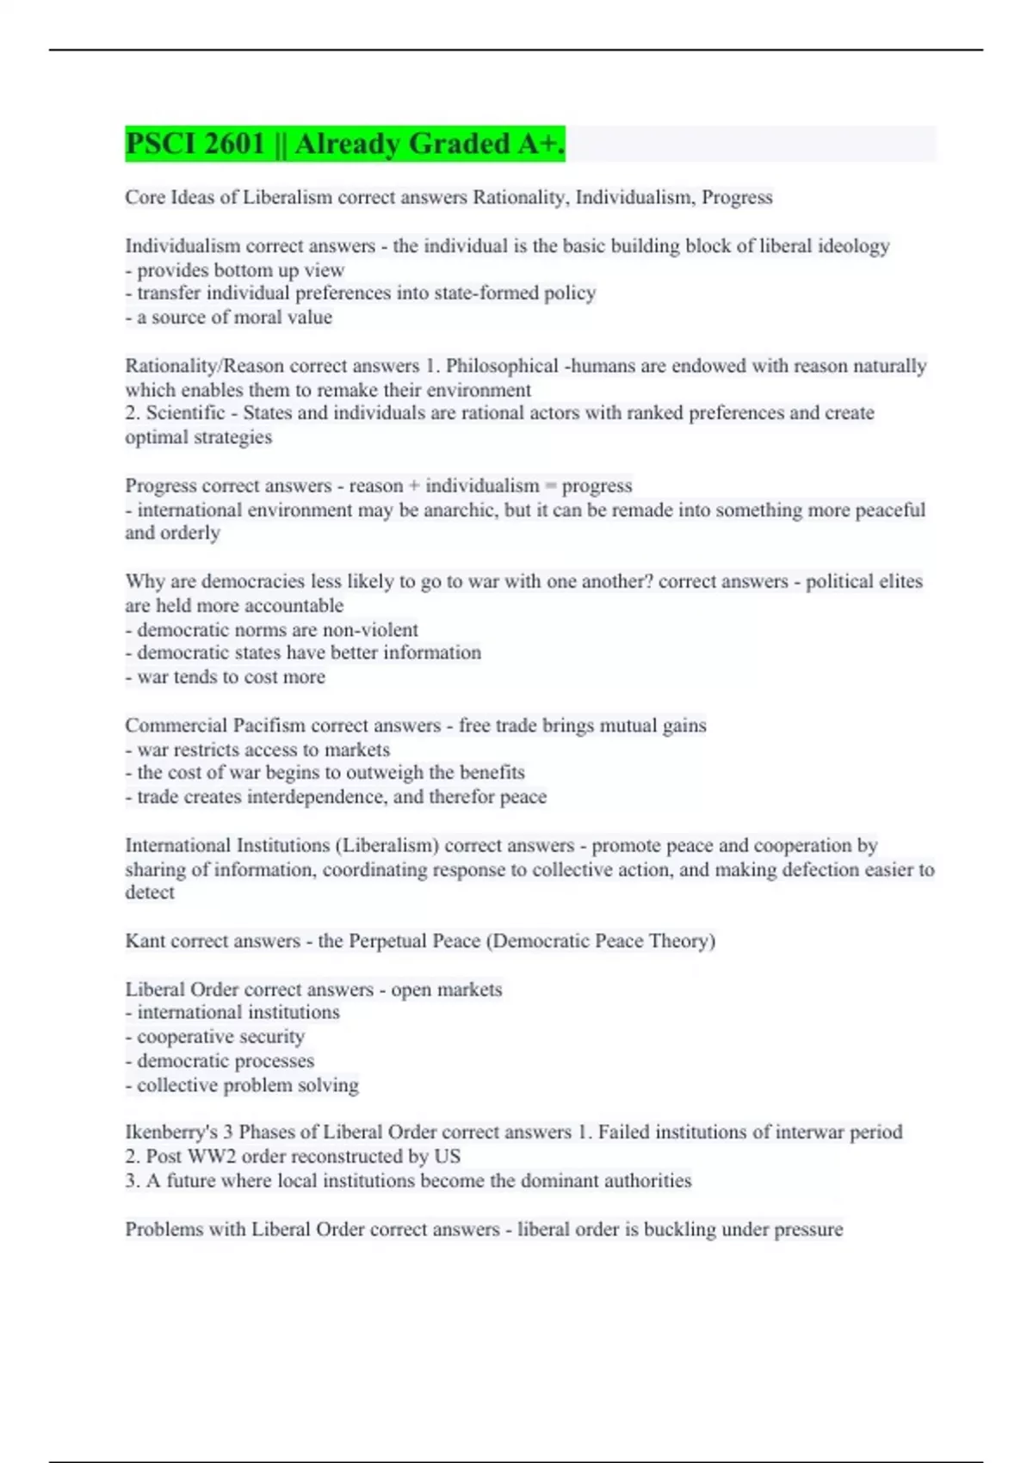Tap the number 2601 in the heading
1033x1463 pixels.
[235, 144]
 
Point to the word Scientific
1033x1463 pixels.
[185, 413]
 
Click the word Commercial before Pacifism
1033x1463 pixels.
[176, 725]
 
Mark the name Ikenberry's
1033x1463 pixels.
[171, 1132]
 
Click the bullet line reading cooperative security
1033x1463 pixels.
[220, 1037]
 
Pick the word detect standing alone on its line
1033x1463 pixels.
[150, 892]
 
